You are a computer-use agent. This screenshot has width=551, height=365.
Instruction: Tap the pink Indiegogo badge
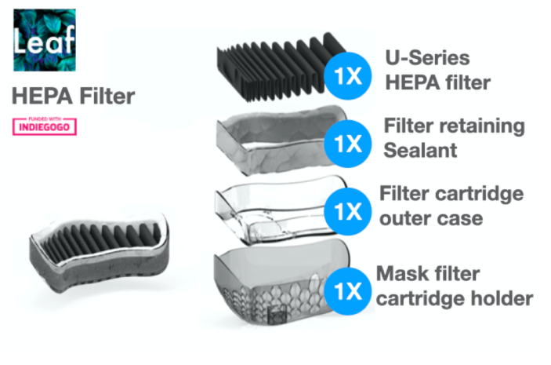45,125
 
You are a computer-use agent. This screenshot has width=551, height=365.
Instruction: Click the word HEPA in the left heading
40,97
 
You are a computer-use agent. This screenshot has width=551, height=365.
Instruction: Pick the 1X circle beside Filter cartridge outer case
345,213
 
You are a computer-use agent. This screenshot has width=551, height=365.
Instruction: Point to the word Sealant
420,149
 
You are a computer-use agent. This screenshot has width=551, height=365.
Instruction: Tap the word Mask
401,275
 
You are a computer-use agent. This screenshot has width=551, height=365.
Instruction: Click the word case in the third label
462,218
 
